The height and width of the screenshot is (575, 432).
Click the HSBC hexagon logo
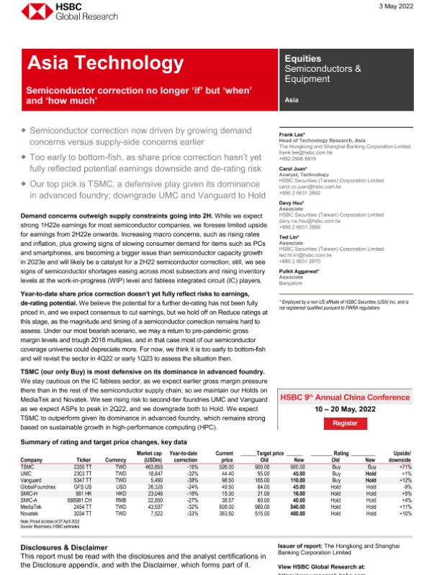click(x=30, y=12)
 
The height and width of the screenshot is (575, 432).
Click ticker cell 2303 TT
click(x=83, y=473)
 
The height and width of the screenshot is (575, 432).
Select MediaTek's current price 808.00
click(x=224, y=507)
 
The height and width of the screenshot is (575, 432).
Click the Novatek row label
click(x=31, y=513)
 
